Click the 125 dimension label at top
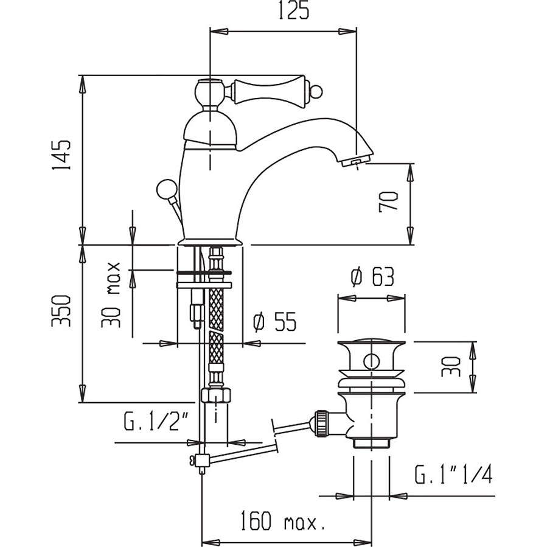(294, 11)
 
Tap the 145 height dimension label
(61, 155)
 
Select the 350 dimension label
(61, 311)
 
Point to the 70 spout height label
(388, 201)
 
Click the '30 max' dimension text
(111, 294)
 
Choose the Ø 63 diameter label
(372, 277)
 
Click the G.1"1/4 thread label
(453, 474)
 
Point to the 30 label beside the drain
(451, 367)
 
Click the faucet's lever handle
(268, 91)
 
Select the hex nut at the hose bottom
(216, 396)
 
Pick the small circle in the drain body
(371, 361)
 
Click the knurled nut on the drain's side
(321, 423)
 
